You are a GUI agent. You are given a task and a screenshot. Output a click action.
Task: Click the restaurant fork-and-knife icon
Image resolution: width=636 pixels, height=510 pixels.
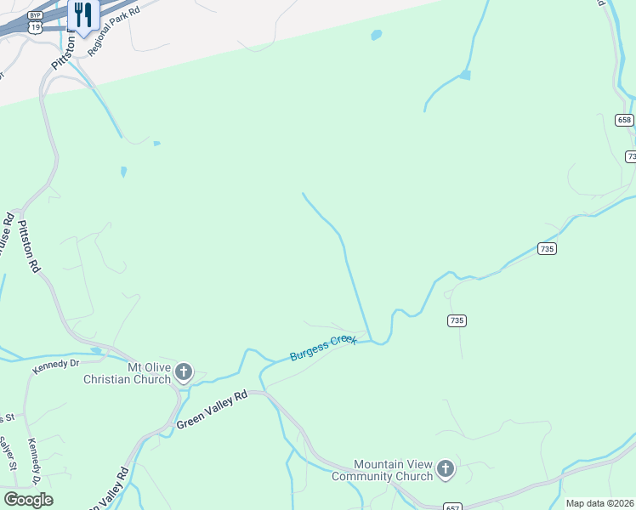(x=82, y=14)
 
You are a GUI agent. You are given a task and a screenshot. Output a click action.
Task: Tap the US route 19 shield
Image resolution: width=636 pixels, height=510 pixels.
(x=35, y=27)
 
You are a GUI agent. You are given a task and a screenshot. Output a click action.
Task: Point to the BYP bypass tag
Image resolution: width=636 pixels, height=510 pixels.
(x=35, y=15)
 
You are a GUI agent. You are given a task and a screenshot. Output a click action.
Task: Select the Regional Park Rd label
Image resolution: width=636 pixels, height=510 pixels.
(x=118, y=26)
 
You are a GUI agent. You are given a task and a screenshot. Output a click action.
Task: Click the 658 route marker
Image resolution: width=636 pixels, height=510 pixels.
(x=625, y=120)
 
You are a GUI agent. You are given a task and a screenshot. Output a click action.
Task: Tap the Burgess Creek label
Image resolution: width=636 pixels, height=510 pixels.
(x=323, y=347)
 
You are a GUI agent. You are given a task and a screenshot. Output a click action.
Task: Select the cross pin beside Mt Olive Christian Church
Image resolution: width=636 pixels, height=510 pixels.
(x=184, y=371)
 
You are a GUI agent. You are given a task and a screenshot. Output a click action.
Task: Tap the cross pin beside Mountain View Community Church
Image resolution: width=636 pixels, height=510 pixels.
(x=445, y=468)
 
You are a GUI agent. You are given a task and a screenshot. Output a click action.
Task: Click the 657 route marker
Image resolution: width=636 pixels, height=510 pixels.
(x=452, y=507)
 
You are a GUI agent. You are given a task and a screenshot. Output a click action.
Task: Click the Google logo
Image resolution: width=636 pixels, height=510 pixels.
(x=28, y=499)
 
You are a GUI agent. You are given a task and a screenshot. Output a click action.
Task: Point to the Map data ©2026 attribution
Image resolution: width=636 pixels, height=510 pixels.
(x=600, y=503)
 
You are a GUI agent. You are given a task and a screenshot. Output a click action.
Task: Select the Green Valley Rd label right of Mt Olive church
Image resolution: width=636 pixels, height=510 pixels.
(x=212, y=409)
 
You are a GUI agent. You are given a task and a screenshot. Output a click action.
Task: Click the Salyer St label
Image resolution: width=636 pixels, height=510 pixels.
(x=8, y=454)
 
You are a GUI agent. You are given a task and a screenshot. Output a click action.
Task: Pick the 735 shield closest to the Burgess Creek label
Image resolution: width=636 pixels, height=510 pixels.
(x=457, y=320)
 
